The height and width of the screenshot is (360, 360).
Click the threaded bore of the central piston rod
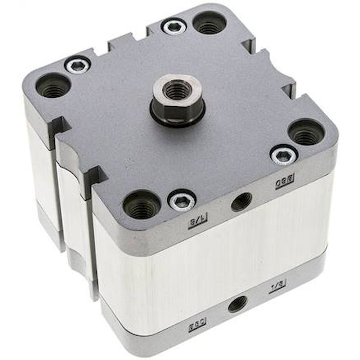(x=176, y=90)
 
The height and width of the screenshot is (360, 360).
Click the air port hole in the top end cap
(x=242, y=202)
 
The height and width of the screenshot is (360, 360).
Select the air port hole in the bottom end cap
(x=238, y=304)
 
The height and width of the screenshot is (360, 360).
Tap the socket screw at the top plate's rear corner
(x=174, y=27)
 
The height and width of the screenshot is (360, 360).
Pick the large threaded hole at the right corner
(x=306, y=132)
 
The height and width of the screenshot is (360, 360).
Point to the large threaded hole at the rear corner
(x=209, y=23)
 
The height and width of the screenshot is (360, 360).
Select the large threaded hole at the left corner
(x=53, y=85)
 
